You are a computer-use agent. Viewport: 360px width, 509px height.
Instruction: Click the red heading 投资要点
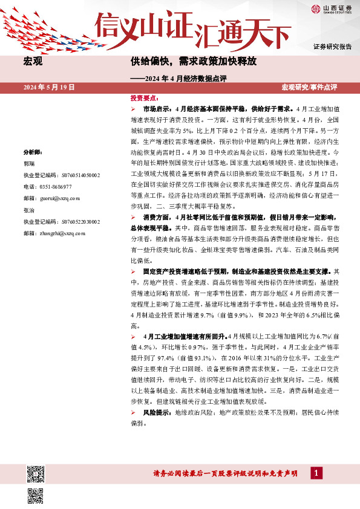coord(143,97)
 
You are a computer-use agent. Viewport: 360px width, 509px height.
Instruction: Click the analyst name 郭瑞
coord(28,163)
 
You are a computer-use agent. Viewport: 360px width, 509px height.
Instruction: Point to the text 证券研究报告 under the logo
coord(332,47)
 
